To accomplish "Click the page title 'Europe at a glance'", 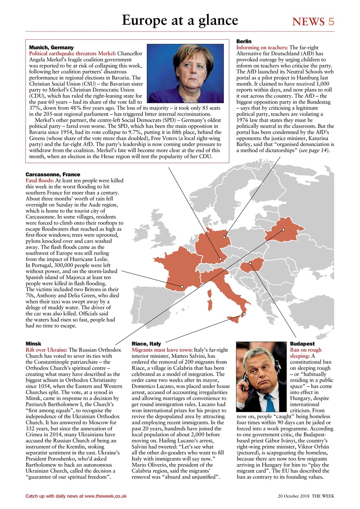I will [x=180, y=20].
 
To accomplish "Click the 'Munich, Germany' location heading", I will [x=51, y=47].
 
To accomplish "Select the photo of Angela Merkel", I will [x=185, y=73].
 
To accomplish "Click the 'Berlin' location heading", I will [x=244, y=41].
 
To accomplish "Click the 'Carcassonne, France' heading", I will [x=53, y=175].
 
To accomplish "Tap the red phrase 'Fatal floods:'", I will [x=40, y=181].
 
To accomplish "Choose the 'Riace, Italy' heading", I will [x=146, y=344].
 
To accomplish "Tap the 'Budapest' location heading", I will [x=302, y=344].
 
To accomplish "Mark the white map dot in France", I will [x=182, y=286].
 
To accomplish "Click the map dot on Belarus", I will [x=283, y=230].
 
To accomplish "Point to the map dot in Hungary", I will [x=250, y=263].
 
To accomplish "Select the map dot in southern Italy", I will [x=244, y=314].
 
